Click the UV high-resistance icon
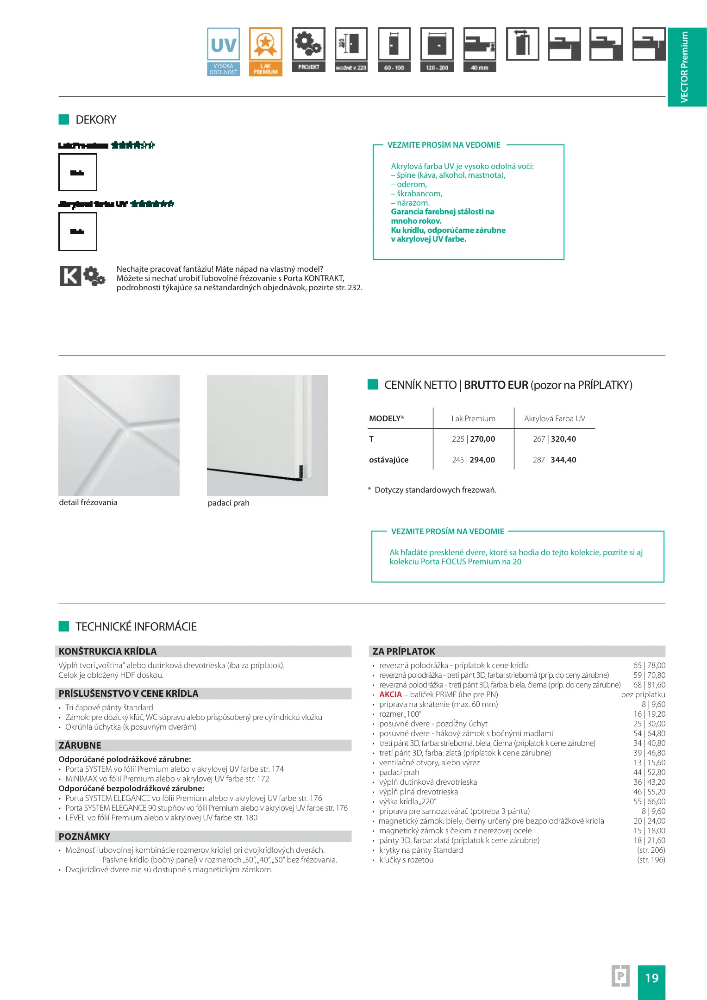[x=223, y=51]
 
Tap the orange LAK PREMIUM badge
[x=265, y=51]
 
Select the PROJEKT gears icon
[x=308, y=50]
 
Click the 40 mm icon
[x=480, y=50]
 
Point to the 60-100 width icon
[x=394, y=50]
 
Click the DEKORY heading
[x=96, y=120]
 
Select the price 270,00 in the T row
[x=482, y=439]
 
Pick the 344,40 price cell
[x=563, y=460]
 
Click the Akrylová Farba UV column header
[x=554, y=419]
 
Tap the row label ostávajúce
[x=388, y=460]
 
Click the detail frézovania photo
[x=119, y=435]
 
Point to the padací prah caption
[x=228, y=503]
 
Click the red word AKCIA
[x=390, y=694]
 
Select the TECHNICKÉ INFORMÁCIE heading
[x=136, y=627]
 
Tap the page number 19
[x=651, y=978]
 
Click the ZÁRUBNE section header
[x=80, y=745]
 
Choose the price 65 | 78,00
[x=649, y=665]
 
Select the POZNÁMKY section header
[x=84, y=837]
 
